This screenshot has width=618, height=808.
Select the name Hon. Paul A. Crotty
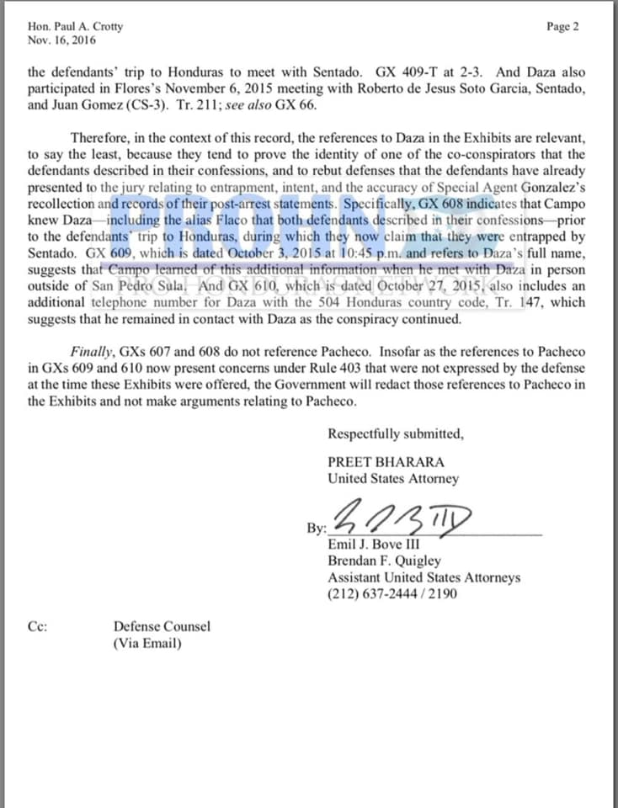[x=75, y=26]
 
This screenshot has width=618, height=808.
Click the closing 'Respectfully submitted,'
[x=395, y=434]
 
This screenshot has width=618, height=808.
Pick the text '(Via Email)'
[x=147, y=644]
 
